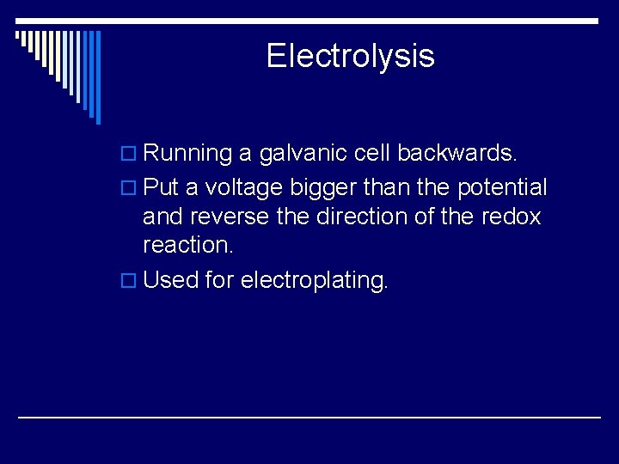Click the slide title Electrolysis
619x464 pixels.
[x=350, y=57]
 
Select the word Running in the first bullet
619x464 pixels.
[x=187, y=154]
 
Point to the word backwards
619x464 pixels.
[x=457, y=154]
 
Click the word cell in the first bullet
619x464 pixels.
[x=373, y=154]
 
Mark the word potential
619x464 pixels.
[x=499, y=188]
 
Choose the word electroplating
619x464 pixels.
[x=315, y=280]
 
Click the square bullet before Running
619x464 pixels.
[x=131, y=155]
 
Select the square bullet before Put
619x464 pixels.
[x=131, y=188]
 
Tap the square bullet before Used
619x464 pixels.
[x=131, y=281]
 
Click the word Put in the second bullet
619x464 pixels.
[x=161, y=188]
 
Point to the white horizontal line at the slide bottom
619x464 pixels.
[x=309, y=417]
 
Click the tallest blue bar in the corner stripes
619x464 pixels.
[x=98, y=77]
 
